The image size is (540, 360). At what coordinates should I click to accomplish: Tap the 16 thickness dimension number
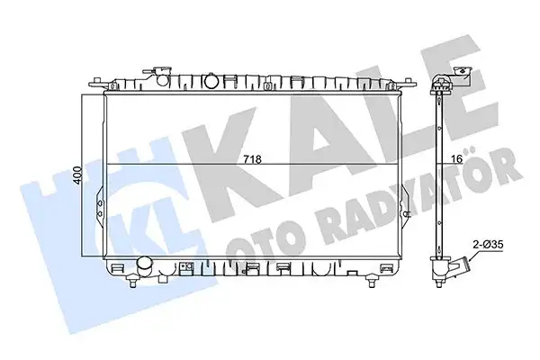click(x=455, y=159)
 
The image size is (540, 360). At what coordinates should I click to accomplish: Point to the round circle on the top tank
click(x=211, y=80)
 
